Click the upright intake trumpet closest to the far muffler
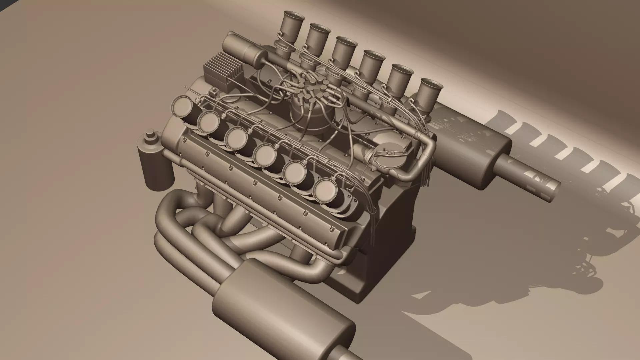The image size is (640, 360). [430, 90]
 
